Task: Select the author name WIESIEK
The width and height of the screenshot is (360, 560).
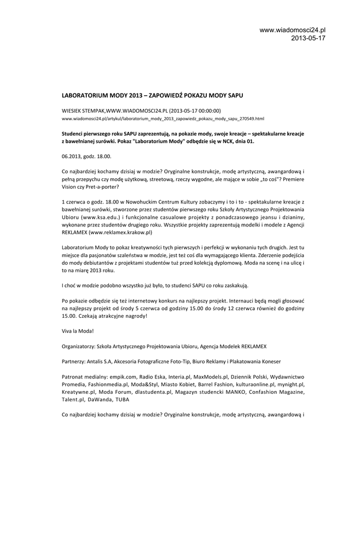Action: point(73,110)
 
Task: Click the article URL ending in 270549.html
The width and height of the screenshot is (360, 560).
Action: point(162,118)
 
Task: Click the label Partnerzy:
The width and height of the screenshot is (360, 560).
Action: point(74,362)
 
